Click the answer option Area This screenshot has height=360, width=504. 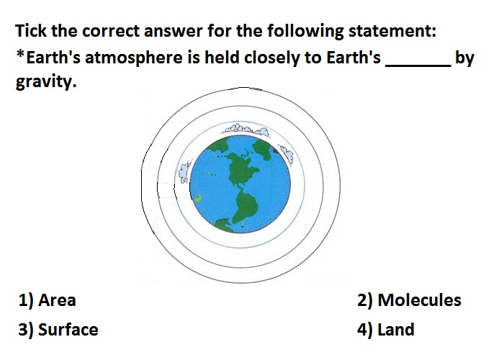57,300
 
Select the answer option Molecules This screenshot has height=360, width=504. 420,300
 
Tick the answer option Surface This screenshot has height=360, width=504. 68,330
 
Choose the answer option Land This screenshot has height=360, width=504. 396,330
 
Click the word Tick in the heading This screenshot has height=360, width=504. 31,31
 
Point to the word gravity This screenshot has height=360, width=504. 46,81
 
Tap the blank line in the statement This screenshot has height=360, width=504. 418,66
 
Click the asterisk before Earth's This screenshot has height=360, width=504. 20,54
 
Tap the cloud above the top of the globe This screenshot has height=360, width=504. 246,129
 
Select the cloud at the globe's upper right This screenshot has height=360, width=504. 286,154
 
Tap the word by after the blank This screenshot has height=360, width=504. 465,58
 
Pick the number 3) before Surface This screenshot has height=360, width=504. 26,330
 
